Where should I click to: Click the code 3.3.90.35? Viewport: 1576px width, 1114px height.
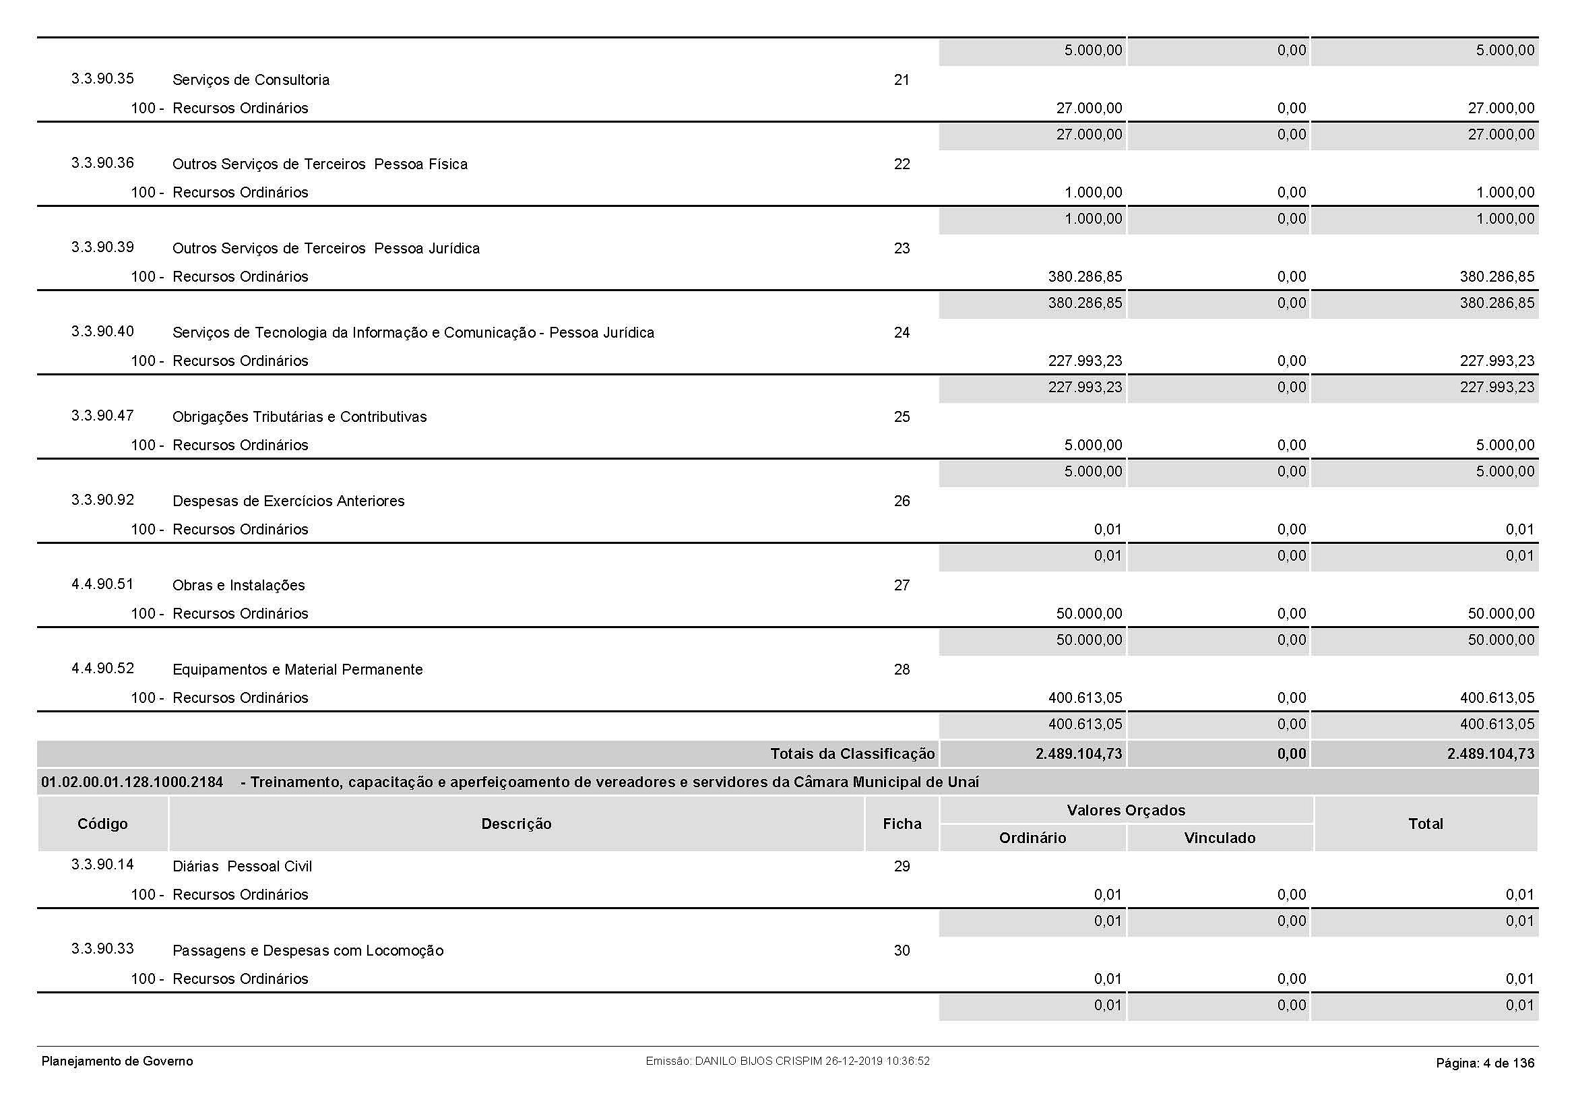tap(102, 79)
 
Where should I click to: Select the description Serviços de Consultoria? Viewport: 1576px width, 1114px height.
tap(251, 80)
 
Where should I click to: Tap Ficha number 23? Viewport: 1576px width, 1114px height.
tap(902, 249)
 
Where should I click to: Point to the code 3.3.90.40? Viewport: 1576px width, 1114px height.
tap(102, 332)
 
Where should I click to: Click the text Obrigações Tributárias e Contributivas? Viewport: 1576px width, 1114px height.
tap(299, 417)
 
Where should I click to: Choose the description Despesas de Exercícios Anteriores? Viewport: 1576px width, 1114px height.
tap(288, 502)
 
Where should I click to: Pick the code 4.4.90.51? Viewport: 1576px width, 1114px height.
tap(102, 584)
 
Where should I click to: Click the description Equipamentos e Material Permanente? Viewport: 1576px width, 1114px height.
tap(297, 670)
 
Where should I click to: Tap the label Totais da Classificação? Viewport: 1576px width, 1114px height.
tap(852, 754)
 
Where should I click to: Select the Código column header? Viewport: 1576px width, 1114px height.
tap(102, 824)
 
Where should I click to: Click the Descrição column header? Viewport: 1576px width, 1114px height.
tap(516, 824)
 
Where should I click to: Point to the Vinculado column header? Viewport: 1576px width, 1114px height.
tap(1219, 838)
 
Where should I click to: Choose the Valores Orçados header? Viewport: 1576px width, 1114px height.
tap(1126, 811)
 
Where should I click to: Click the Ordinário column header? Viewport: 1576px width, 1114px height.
tap(1032, 838)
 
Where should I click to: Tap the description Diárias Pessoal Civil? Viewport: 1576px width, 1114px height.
tap(242, 867)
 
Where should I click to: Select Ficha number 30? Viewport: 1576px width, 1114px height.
tap(902, 951)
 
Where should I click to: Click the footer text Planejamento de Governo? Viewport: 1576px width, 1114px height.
tap(117, 1062)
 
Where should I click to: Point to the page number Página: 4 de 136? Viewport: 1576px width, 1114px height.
tap(1485, 1063)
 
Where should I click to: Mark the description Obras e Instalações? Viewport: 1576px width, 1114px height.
tap(238, 586)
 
